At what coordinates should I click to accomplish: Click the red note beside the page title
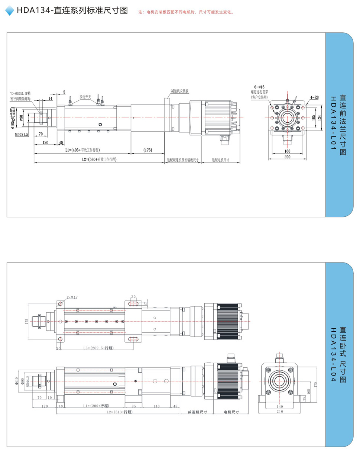coord(186,12)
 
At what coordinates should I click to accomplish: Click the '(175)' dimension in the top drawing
coord(148,150)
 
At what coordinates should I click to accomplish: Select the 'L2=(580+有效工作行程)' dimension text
coord(99,159)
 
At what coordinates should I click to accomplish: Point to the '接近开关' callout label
coord(85,96)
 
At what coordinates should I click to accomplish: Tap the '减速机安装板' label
coord(180,91)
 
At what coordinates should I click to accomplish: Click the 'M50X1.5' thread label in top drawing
coord(22,134)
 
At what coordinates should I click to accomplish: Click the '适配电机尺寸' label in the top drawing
coord(220,160)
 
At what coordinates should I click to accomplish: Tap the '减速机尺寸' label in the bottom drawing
coord(197,412)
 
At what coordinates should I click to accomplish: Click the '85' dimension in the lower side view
coord(134,406)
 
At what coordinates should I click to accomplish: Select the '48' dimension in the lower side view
coord(175,406)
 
